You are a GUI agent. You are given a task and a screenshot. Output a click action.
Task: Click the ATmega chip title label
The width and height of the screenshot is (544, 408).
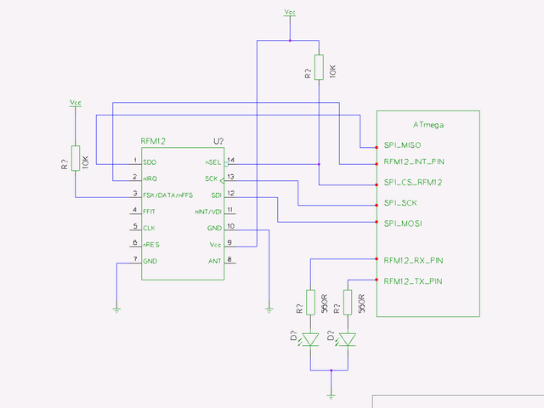[x=428, y=125]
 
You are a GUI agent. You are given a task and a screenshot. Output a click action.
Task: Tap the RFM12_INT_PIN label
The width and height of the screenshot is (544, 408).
[x=413, y=161]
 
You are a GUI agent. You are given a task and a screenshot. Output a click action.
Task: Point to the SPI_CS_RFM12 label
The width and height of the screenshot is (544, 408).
[x=412, y=183]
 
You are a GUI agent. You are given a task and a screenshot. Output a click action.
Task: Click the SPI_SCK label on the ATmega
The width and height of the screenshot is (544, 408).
[x=400, y=204]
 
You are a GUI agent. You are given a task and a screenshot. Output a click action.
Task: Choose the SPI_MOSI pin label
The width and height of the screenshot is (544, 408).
[x=403, y=224]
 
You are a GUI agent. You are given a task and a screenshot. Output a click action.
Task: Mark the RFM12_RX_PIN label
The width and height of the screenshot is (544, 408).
[x=412, y=260]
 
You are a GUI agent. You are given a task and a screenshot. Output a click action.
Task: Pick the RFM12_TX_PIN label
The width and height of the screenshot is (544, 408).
[x=412, y=281]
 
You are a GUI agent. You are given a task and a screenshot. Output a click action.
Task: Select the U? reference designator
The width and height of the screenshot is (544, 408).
[x=218, y=141]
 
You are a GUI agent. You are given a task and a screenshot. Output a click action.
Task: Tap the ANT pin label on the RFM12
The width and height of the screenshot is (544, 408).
[x=213, y=260]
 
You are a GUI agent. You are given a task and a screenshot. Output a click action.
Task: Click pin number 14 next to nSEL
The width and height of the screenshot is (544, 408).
[x=230, y=159]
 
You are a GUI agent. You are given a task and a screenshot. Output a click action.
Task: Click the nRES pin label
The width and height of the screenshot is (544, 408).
[x=151, y=244]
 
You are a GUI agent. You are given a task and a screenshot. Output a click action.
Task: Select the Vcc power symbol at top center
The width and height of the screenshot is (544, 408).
[x=291, y=14]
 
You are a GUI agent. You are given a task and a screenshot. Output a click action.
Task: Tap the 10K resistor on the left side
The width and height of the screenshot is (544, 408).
[x=76, y=159]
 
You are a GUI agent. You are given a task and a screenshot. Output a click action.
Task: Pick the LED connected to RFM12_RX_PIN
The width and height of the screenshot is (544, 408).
[x=311, y=340]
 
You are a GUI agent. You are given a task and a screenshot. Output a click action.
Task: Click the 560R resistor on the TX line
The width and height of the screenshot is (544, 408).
[x=348, y=303]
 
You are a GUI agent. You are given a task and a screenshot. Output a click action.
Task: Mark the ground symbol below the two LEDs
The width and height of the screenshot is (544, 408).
[x=330, y=395]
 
